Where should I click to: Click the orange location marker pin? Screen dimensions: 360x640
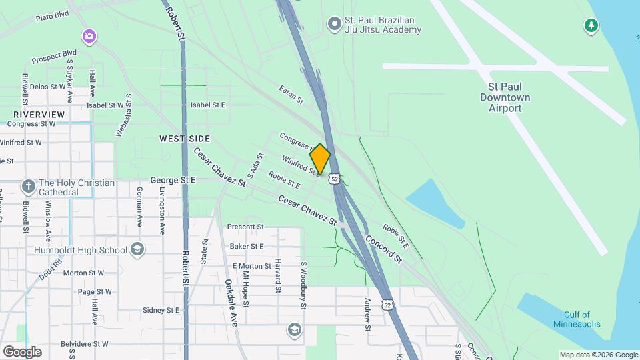(320, 159)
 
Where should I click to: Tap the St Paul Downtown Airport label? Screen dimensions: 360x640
(509, 97)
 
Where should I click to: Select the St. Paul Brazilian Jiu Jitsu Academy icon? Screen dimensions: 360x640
(334, 25)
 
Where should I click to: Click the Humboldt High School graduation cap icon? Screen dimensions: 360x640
(137, 250)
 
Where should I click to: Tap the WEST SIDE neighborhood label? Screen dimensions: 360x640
(185, 139)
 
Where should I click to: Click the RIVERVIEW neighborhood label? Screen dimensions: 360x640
(39, 115)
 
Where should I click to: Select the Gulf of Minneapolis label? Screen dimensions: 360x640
(577, 319)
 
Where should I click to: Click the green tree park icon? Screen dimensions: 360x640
(590, 25)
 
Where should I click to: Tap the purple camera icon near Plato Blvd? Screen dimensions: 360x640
(89, 35)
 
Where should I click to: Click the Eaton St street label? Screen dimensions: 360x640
(291, 95)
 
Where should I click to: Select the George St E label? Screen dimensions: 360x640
(173, 180)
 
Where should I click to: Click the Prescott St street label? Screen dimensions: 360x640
(245, 227)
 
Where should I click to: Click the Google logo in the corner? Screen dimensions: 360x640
(22, 352)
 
